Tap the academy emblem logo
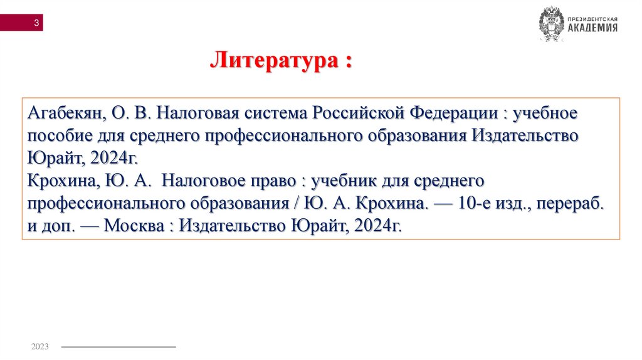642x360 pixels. click(x=551, y=24)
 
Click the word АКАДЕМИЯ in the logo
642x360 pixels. click(x=593, y=28)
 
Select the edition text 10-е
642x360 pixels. click(x=478, y=204)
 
